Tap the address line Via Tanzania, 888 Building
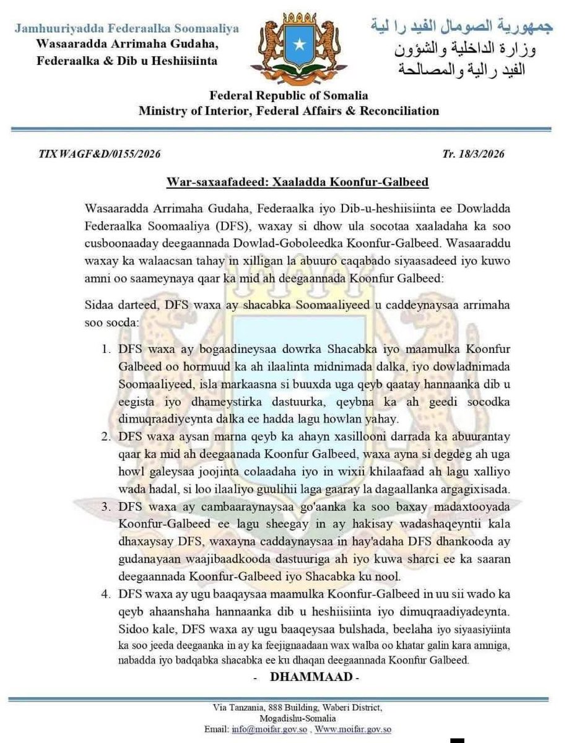[288, 707]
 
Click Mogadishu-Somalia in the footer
[288, 718]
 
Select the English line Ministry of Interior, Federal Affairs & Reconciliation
[289, 111]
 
